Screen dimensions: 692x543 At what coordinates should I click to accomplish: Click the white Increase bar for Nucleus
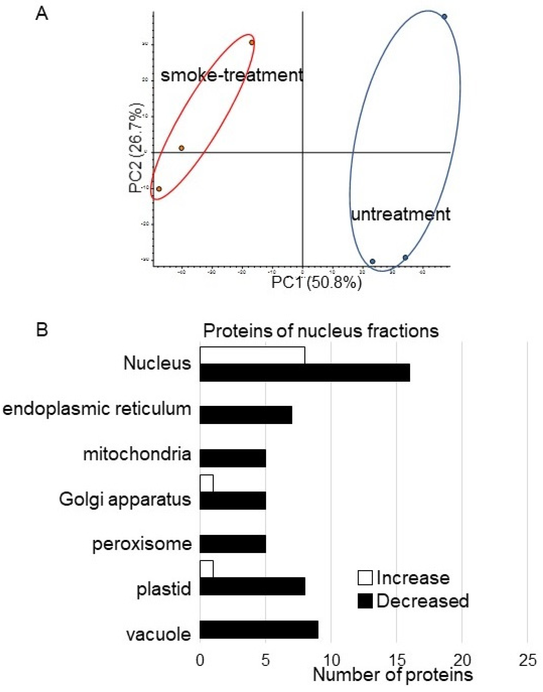click(x=252, y=355)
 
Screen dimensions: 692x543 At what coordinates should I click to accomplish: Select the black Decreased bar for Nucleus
click(x=305, y=373)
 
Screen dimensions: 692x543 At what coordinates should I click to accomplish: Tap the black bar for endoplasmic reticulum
click(x=246, y=415)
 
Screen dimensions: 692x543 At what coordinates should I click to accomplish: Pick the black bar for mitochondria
click(x=233, y=458)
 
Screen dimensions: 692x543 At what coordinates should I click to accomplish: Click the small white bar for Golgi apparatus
click(x=206, y=483)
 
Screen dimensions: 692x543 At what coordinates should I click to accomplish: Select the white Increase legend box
click(x=365, y=578)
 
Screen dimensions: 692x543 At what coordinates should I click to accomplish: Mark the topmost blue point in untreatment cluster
click(x=444, y=17)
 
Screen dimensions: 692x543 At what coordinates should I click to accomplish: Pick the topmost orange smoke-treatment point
click(x=252, y=42)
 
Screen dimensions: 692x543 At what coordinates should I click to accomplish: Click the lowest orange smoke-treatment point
click(x=159, y=189)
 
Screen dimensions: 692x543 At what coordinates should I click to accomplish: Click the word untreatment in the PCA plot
click(x=401, y=214)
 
